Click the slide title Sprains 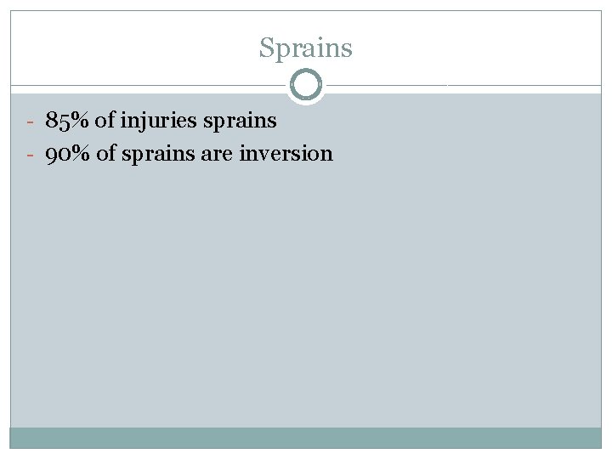point(305,48)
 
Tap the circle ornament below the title point(306,85)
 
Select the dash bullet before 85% point(29,122)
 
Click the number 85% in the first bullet point(68,121)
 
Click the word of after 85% point(105,121)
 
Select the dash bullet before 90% point(29,155)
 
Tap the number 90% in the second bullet point(69,154)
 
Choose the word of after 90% point(106,154)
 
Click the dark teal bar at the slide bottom point(305,437)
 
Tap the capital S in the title point(267,48)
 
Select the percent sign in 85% point(81,121)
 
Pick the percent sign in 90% point(82,154)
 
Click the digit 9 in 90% point(53,155)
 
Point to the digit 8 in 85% point(52,121)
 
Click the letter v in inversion point(270,155)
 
